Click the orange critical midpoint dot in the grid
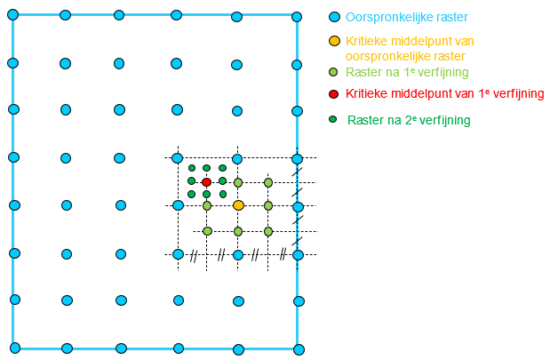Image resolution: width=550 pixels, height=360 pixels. pyautogui.click(x=238, y=205)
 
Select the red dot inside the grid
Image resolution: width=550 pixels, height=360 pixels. pyautogui.click(x=207, y=182)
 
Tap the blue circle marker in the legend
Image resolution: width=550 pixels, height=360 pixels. pyautogui.click(x=334, y=17)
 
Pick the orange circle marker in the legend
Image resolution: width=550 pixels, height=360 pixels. pyautogui.click(x=334, y=41)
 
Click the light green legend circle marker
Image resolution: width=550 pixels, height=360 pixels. pyautogui.click(x=333, y=72)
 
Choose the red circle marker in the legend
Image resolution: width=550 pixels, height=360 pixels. pyautogui.click(x=333, y=94)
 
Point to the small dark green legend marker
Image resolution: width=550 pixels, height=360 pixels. pyautogui.click(x=333, y=119)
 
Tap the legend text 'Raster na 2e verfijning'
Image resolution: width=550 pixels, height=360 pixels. pyautogui.click(x=409, y=120)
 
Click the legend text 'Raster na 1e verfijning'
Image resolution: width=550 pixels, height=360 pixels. pyautogui.click(x=408, y=72)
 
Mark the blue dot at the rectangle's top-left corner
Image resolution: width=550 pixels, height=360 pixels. pyautogui.click(x=12, y=14)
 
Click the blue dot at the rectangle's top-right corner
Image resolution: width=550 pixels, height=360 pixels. pyautogui.click(x=298, y=15)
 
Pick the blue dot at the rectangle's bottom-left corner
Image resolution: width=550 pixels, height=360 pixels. pyautogui.click(x=14, y=347)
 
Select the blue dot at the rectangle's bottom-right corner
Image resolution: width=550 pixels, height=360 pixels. pyautogui.click(x=299, y=348)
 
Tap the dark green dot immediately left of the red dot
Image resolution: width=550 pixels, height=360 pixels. pyautogui.click(x=191, y=180)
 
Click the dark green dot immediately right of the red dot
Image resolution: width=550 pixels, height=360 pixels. pyautogui.click(x=222, y=180)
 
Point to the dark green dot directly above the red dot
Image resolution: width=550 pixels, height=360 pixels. pyautogui.click(x=206, y=168)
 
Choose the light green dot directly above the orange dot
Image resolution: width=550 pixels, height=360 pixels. pyautogui.click(x=238, y=182)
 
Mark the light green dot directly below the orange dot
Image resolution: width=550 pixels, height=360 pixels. pyautogui.click(x=238, y=231)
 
